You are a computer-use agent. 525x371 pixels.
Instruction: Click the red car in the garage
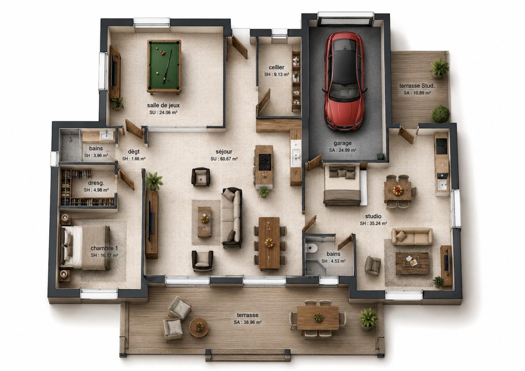(x=344, y=81)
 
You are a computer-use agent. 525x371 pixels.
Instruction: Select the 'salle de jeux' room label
(x=164, y=105)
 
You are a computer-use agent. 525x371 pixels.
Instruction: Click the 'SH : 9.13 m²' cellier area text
(x=277, y=74)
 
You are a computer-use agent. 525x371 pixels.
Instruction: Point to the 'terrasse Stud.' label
(x=417, y=86)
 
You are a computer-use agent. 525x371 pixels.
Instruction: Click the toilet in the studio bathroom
(x=311, y=247)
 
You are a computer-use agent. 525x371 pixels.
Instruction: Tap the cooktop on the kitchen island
(x=265, y=162)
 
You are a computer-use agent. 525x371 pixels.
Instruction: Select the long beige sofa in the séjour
(x=231, y=218)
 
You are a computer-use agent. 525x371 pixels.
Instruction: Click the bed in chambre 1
(x=85, y=247)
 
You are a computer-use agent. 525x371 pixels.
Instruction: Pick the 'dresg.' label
(x=96, y=183)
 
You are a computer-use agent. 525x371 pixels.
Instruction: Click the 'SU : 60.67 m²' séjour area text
(x=224, y=159)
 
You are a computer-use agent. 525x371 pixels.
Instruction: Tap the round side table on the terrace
(x=199, y=327)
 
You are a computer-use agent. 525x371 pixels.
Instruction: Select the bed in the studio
(x=342, y=185)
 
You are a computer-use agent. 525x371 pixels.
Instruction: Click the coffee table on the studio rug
(x=412, y=263)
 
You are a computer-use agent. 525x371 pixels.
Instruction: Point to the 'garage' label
(x=342, y=143)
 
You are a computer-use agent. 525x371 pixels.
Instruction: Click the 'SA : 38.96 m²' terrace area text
(x=248, y=322)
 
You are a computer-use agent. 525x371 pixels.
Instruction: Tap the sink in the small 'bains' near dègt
(x=106, y=135)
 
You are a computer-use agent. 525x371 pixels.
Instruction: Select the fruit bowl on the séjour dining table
(x=269, y=243)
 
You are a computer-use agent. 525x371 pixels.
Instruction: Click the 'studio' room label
(x=373, y=216)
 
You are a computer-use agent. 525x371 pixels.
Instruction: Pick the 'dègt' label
(x=134, y=151)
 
